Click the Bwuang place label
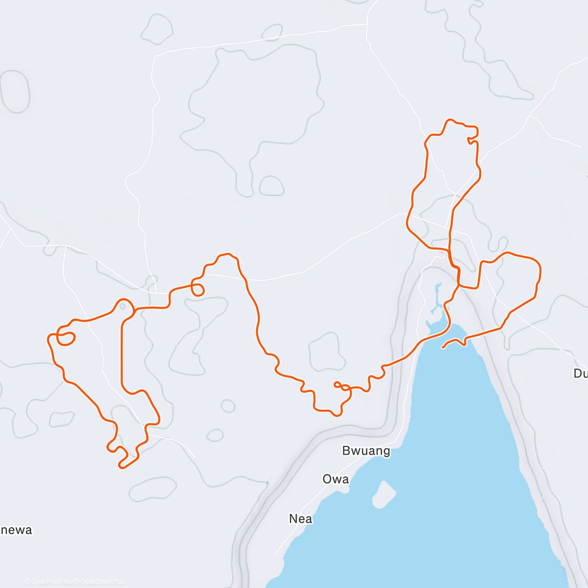pos(366,451)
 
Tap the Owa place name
pos(336,479)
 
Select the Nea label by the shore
pos(300,518)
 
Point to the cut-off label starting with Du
pos(580,373)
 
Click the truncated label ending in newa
pos(16,530)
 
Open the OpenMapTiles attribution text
pos(48,582)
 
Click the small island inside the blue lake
pos(384,494)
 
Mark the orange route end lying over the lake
pos(442,347)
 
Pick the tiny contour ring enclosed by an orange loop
pos(122,306)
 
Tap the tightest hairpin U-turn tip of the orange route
pos(121,466)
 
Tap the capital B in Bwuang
pos(346,451)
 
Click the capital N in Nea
pos(293,518)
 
